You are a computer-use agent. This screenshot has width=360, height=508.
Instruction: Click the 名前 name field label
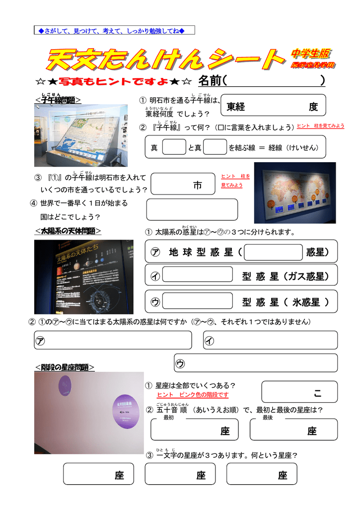211,80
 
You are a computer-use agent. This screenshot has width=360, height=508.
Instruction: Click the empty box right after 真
174,147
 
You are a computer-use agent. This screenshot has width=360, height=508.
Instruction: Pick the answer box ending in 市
184,184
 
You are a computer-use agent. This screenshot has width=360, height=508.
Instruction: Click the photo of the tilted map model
80,135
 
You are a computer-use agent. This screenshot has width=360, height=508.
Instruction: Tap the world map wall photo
294,192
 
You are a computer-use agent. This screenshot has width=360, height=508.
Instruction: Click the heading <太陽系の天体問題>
68,231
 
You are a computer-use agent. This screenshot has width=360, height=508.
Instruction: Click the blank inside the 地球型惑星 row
273,252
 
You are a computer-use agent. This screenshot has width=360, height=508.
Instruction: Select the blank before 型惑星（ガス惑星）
197,274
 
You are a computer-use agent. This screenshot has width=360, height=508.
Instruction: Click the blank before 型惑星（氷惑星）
197,301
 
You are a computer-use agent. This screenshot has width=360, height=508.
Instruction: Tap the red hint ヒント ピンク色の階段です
193,395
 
